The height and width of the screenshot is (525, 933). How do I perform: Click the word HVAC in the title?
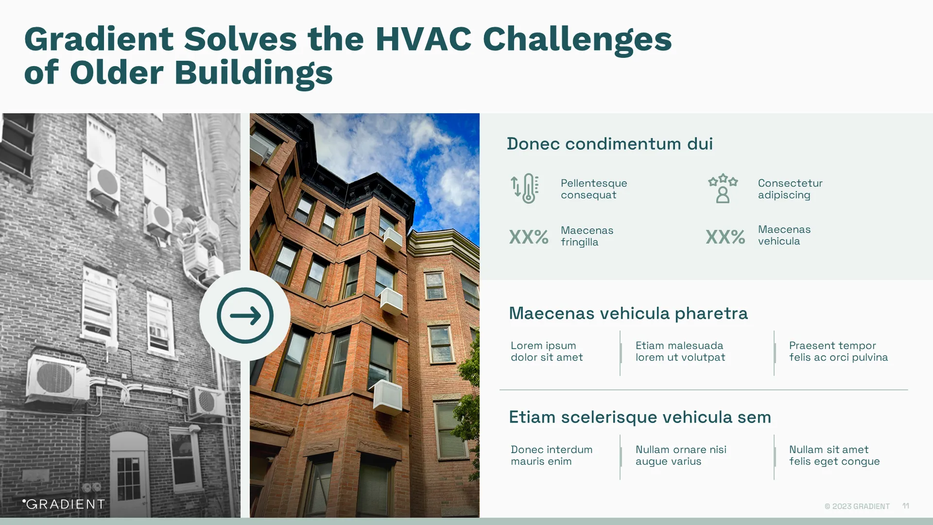click(x=423, y=39)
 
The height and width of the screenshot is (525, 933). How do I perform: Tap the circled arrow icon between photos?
click(x=245, y=315)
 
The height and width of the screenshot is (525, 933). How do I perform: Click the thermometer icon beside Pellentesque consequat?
click(x=525, y=189)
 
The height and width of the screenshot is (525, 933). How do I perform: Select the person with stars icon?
click(x=723, y=189)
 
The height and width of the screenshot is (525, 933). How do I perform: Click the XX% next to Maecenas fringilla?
click(x=529, y=237)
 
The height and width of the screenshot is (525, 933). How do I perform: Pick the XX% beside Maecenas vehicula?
click(x=725, y=237)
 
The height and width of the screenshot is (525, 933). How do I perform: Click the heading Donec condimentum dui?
click(x=609, y=144)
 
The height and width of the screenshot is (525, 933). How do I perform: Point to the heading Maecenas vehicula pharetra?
click(x=628, y=314)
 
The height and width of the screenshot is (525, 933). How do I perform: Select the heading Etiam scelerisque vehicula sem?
click(x=639, y=418)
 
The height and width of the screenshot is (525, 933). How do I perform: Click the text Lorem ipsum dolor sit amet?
click(x=546, y=351)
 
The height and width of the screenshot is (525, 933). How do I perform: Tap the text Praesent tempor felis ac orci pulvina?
click(x=838, y=351)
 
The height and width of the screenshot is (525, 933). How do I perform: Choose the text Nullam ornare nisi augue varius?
click(x=680, y=455)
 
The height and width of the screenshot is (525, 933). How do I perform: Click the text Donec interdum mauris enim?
click(x=551, y=455)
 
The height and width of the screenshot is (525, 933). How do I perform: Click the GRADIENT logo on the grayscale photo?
click(x=64, y=504)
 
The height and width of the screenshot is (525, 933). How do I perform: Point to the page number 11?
click(x=905, y=506)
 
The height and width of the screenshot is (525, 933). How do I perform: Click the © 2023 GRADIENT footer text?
click(x=857, y=507)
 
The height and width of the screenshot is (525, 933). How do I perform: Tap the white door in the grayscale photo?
click(x=129, y=474)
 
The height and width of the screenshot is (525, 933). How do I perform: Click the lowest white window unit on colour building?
click(x=388, y=397)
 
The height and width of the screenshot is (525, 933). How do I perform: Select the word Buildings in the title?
click(x=253, y=73)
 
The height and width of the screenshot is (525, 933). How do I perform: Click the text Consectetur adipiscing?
click(x=790, y=189)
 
